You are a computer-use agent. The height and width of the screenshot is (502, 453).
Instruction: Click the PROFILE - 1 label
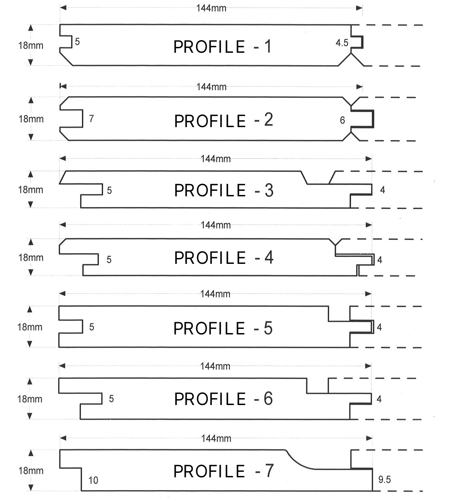tap(222, 47)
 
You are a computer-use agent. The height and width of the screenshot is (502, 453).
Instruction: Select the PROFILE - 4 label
tap(224, 258)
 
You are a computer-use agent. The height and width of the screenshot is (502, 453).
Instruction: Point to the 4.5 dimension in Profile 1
tap(342, 43)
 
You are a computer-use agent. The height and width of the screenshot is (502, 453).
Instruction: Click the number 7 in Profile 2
tap(91, 118)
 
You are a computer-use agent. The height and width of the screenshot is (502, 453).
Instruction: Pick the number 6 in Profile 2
tap(342, 120)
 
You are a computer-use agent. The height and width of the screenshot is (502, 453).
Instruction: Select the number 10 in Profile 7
tap(93, 480)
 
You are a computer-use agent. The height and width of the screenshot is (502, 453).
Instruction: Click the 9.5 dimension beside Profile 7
tap(385, 479)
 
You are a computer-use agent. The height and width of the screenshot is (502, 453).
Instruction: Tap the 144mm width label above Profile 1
tap(211, 8)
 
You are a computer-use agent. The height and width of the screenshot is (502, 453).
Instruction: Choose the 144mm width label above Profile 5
tap(215, 294)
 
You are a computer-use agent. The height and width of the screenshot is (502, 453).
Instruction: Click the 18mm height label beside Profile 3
tap(30, 190)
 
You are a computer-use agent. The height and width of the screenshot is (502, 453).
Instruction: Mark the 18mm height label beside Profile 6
tap(29, 399)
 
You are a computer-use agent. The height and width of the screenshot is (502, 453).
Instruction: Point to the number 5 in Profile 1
tap(77, 41)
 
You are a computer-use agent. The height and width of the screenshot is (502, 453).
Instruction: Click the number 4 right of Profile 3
tap(382, 190)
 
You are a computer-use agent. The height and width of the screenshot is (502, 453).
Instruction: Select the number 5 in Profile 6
tap(111, 399)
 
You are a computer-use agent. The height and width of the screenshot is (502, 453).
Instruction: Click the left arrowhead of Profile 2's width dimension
tap(63, 87)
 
